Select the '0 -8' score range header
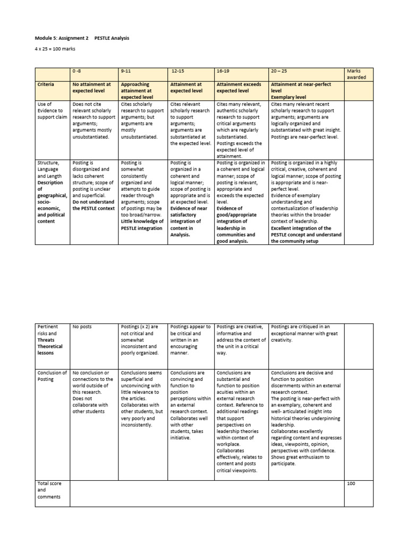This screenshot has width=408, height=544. pyautogui.click(x=79, y=71)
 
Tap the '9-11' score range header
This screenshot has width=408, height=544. pyautogui.click(x=126, y=71)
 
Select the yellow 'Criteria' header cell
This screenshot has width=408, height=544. pyautogui.click(x=46, y=84)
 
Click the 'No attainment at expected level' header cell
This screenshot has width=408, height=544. pyautogui.click(x=91, y=88)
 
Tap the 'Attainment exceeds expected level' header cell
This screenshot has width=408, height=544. pyautogui.click(x=240, y=88)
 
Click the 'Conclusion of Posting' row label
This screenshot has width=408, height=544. pyautogui.click(x=52, y=376)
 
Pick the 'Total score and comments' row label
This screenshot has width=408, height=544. pyautogui.click(x=50, y=490)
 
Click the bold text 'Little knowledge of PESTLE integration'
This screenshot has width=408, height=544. pyautogui.click(x=141, y=224)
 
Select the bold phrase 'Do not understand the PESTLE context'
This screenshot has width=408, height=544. pyautogui.click(x=93, y=205)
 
